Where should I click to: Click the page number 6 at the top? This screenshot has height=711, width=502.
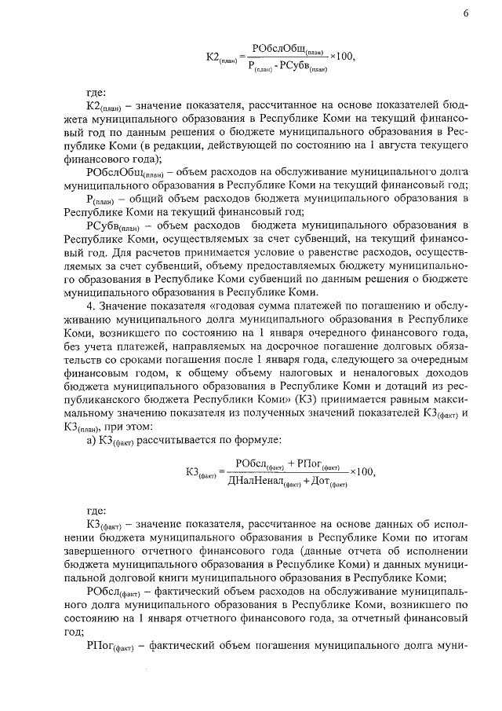(466, 14)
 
